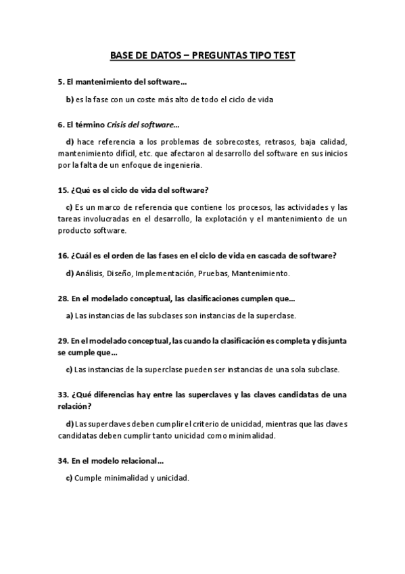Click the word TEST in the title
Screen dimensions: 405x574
(283, 57)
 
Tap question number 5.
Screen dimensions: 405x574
(61, 83)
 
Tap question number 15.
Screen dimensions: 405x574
(63, 190)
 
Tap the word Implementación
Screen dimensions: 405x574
(165, 273)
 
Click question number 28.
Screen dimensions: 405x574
(63, 298)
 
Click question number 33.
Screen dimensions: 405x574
(63, 395)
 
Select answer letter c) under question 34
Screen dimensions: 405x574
(69, 478)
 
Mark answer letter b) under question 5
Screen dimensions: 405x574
(69, 100)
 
